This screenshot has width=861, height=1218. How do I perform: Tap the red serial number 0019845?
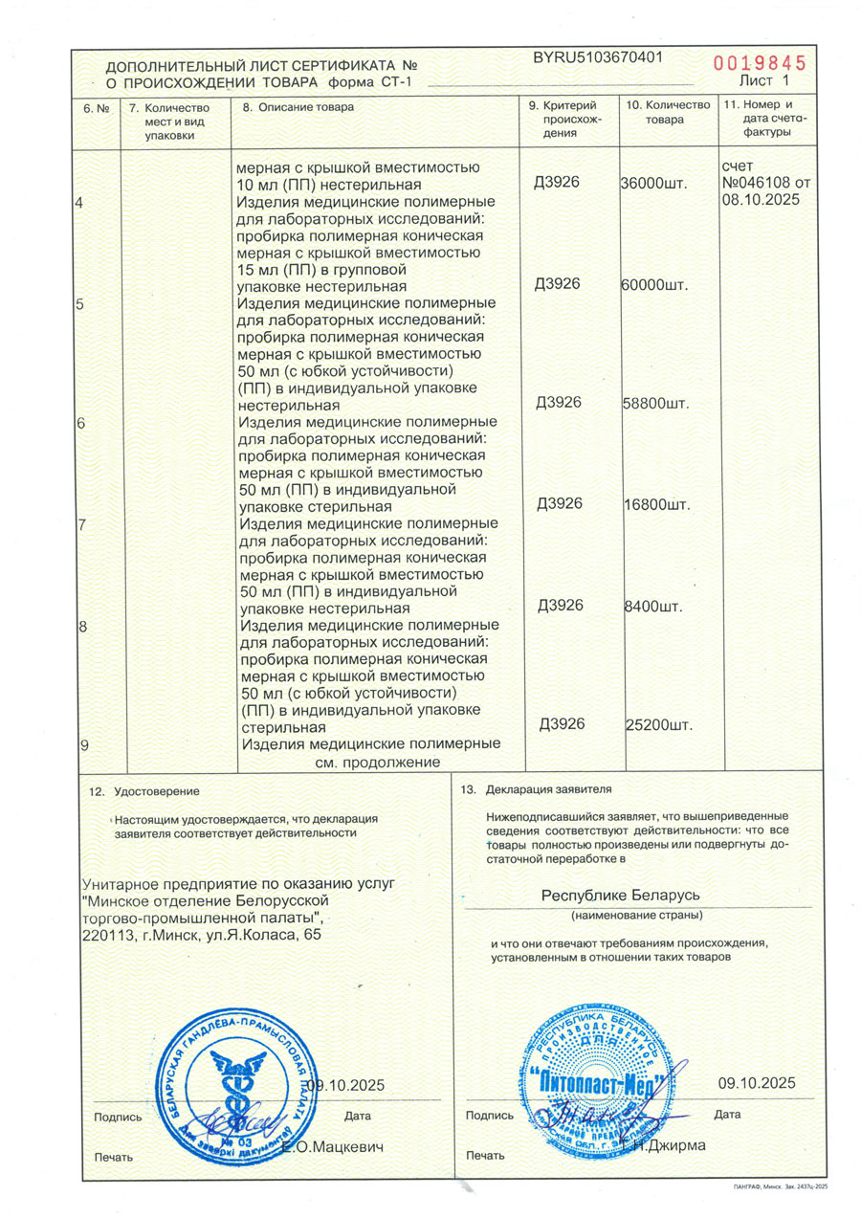pos(760,63)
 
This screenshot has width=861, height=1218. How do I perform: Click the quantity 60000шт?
pos(655,286)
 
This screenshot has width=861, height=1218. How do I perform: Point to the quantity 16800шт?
pos(655,504)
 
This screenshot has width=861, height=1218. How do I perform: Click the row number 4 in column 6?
pos(79,202)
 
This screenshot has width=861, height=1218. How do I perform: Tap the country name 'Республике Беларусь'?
pos(622,895)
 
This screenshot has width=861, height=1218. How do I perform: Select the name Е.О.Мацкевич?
pos(332,1146)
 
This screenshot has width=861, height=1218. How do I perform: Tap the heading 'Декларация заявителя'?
pos(548,790)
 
